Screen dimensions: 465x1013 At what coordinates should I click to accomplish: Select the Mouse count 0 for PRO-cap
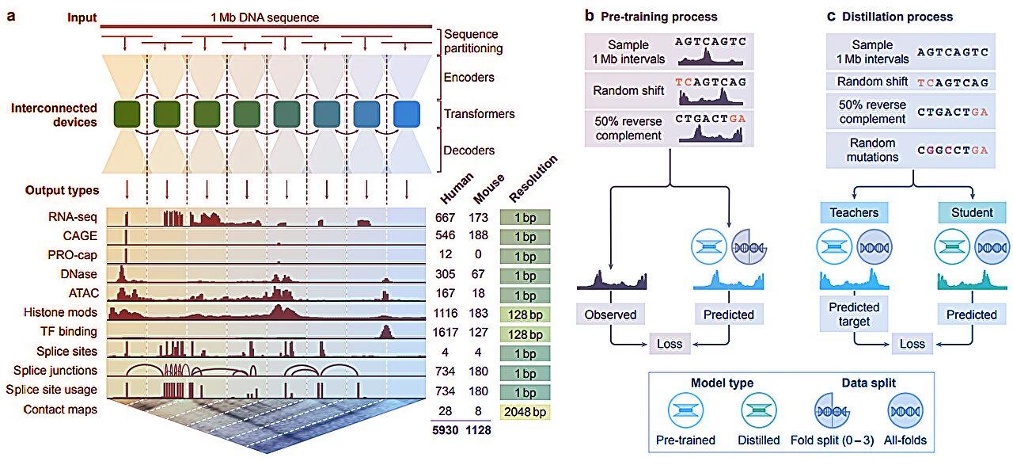[x=480, y=255]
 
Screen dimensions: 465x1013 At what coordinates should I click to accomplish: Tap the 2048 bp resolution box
[x=525, y=410]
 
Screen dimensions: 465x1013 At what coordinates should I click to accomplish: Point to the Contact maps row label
[x=60, y=410]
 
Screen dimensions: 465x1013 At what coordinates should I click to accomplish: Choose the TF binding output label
[x=70, y=332]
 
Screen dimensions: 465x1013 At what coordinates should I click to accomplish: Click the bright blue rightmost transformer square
[x=407, y=114]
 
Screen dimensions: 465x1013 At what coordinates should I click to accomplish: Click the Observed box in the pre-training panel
[x=610, y=314]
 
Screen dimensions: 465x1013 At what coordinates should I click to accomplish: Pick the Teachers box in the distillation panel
[x=854, y=212]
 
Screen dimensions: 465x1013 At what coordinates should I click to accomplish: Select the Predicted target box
[x=854, y=314]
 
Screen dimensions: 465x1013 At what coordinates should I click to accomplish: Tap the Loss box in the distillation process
[x=912, y=344]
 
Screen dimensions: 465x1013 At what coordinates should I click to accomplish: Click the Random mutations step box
[x=870, y=150]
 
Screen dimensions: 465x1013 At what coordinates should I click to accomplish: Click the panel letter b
[x=588, y=16]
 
